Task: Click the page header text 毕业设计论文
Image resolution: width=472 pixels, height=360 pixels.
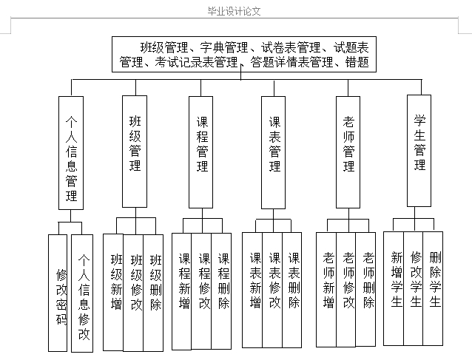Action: (235, 11)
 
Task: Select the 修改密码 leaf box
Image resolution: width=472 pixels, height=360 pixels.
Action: (61, 293)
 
